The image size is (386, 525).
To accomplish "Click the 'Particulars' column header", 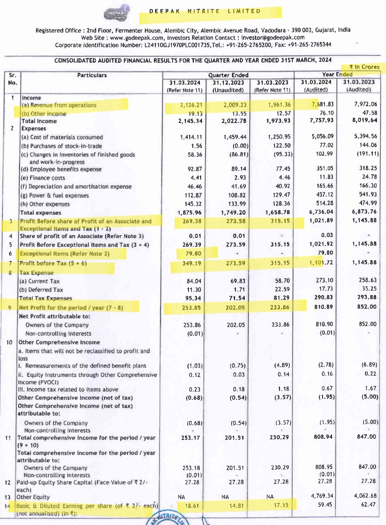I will pos(92,75).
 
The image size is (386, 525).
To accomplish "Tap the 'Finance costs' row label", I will pos(45,178).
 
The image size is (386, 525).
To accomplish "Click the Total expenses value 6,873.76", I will pos(361,213).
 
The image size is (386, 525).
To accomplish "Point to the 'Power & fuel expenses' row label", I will pos(55,196).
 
